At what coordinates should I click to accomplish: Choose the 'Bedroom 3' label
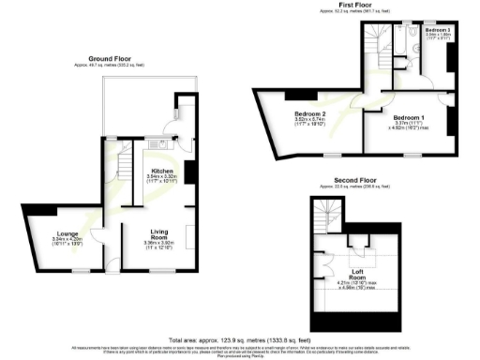pos(436,31)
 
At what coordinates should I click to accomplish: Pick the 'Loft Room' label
pos(356,277)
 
